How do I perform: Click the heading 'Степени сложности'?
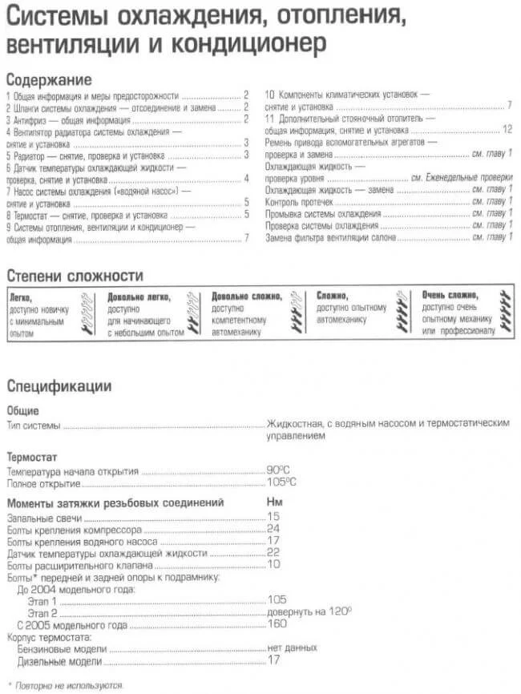click(75, 276)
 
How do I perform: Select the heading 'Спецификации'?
click(59, 385)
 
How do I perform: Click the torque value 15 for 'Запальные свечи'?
click(273, 518)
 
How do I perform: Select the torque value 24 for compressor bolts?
click(273, 530)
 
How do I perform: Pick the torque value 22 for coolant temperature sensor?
click(273, 553)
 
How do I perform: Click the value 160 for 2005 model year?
click(277, 623)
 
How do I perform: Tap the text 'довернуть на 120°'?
click(309, 611)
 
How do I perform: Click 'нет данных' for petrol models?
click(293, 647)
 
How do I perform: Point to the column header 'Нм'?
click(274, 502)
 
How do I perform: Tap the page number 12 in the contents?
click(507, 129)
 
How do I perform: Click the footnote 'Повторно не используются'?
click(71, 685)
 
